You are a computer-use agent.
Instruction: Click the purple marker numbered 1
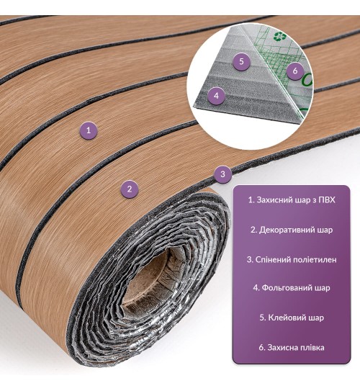(89, 130)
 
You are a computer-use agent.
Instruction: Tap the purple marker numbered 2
(129, 189)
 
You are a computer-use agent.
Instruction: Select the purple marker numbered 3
(223, 174)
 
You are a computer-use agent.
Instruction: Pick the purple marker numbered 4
(216, 96)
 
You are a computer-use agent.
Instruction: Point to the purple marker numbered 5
(241, 62)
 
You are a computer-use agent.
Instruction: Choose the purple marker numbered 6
(295, 71)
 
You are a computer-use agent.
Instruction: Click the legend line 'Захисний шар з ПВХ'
(292, 200)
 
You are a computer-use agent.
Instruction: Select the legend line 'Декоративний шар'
(292, 230)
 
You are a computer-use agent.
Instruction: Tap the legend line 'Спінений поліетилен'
(292, 259)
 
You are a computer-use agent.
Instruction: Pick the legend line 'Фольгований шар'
(292, 288)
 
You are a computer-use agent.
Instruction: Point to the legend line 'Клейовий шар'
(292, 318)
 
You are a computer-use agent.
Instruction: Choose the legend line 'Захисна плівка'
(292, 348)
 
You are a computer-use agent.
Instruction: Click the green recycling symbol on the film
(278, 37)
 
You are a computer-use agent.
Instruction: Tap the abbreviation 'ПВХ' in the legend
(327, 200)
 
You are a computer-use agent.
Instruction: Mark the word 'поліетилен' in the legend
(315, 260)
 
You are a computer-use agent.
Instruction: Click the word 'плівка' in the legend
(312, 348)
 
